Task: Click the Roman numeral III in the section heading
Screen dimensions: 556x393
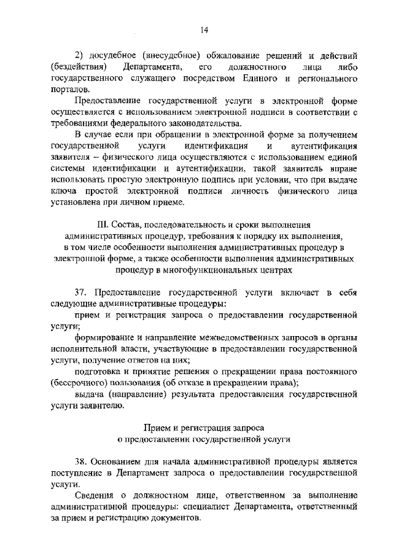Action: pos(97,224)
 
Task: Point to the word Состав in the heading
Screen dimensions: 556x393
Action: pos(126,224)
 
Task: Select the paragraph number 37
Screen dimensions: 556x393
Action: pos(82,292)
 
